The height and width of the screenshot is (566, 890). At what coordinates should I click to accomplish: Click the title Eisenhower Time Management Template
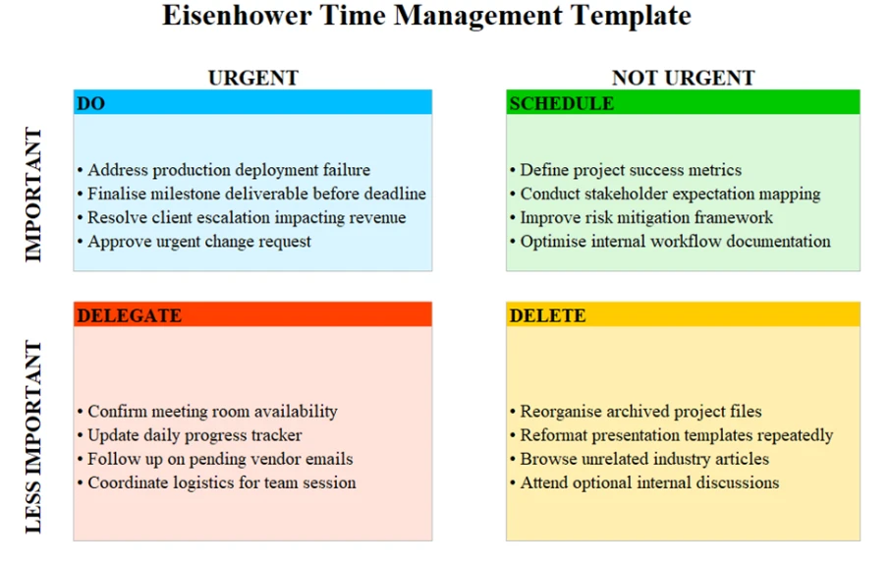(425, 17)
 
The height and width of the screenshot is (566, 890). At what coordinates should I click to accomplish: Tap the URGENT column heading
(252, 78)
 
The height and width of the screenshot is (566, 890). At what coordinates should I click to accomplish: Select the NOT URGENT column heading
(683, 78)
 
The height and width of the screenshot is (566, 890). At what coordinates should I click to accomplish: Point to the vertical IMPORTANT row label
(33, 195)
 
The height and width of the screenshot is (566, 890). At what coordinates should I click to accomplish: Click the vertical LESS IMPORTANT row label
(33, 436)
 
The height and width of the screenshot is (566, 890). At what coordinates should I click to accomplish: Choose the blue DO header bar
(252, 103)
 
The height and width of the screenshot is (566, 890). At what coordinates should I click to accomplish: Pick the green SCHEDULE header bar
(683, 103)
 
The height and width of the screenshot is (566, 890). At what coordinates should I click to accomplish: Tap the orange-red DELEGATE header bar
(252, 315)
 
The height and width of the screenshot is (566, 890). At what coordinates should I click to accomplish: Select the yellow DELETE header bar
(683, 315)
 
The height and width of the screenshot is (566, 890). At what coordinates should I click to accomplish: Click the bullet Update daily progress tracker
(194, 435)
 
